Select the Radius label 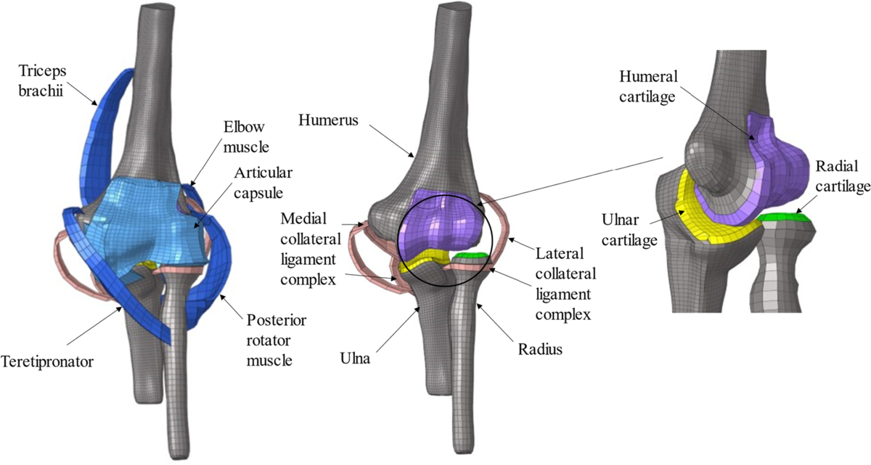[x=541, y=350]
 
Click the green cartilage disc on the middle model [x=468, y=255]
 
